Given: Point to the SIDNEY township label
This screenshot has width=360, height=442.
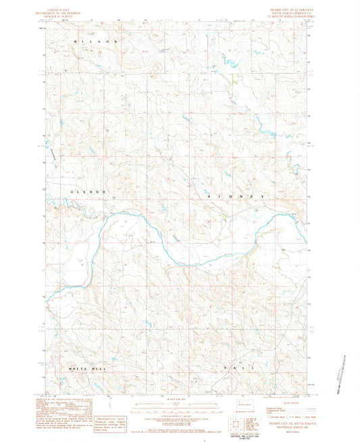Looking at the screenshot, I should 239,195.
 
